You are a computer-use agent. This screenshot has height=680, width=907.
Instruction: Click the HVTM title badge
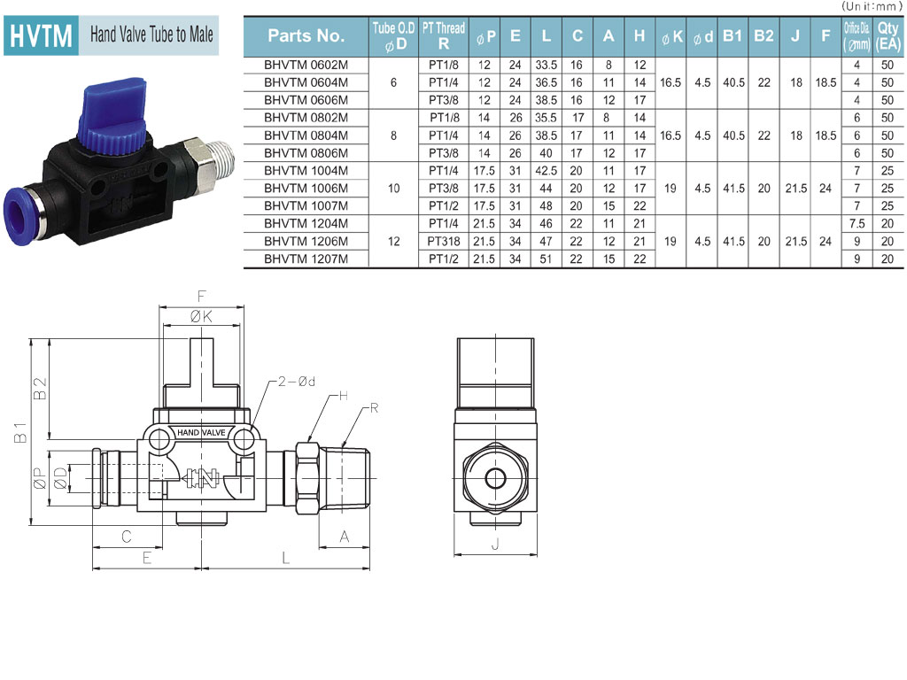click(x=41, y=35)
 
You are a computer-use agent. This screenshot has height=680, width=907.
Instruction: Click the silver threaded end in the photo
click(x=216, y=159)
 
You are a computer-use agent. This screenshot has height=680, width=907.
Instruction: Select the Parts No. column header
click(x=306, y=35)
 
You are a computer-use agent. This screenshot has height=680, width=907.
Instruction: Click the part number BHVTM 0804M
click(x=306, y=135)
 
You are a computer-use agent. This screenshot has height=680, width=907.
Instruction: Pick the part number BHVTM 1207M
click(x=306, y=259)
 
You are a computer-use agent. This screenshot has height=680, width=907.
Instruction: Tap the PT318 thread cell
click(x=444, y=241)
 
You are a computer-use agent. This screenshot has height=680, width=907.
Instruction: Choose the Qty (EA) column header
click(x=888, y=35)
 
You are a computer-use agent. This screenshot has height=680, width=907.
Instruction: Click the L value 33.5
click(x=546, y=65)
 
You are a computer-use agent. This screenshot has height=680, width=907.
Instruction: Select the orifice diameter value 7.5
click(x=857, y=224)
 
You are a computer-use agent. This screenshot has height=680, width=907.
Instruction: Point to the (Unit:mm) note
click(x=872, y=6)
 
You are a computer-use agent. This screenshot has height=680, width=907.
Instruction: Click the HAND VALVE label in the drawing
click(x=201, y=432)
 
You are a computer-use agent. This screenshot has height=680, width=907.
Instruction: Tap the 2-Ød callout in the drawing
click(x=296, y=382)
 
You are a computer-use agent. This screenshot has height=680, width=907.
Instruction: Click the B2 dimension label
click(x=40, y=389)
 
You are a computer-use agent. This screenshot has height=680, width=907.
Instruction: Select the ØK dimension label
click(x=201, y=317)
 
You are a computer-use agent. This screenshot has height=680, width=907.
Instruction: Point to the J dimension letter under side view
click(x=495, y=545)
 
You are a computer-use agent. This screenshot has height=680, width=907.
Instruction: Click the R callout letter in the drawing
click(x=374, y=408)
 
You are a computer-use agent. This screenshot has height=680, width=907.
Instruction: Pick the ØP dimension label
click(x=40, y=478)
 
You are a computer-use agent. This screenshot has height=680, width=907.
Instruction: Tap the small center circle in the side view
click(x=495, y=478)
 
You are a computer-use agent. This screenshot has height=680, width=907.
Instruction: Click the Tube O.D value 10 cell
click(x=393, y=189)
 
